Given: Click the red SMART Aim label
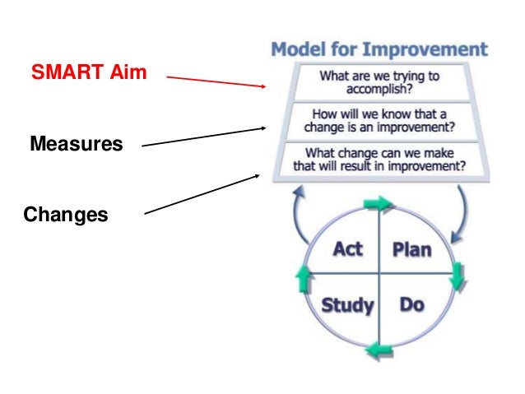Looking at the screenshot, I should pos(89,72).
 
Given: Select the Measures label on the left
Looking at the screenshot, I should pos(76,145).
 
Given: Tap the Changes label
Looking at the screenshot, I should pos(66,215).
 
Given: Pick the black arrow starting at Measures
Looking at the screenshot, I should pos(203,137).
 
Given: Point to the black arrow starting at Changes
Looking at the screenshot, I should pos(203,194).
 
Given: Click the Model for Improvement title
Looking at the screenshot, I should pos(379,48).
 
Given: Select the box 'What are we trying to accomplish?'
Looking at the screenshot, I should pos(379,82).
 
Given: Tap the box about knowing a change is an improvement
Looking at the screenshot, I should pos(379,120).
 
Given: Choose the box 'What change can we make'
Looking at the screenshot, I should pos(379,158).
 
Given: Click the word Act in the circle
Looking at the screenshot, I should pos(347,248).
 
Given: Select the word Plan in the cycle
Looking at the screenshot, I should pos(410,248).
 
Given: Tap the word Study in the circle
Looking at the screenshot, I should pos(346,306).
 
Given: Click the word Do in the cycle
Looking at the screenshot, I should pos(411,305).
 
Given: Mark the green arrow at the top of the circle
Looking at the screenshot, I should pos(379,202).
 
